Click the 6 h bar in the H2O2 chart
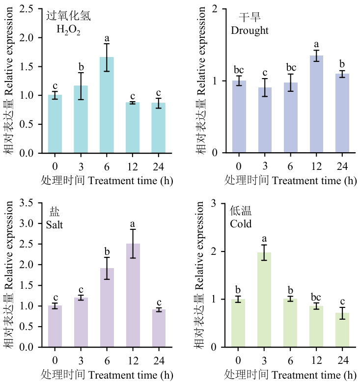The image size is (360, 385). point(107,105)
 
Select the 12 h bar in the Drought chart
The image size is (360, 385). point(316,104)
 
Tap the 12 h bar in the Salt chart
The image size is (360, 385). point(133,295)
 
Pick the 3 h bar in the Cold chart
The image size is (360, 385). point(263,300)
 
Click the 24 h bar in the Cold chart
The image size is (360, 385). point(341,330)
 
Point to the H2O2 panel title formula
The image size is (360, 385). point(68,30)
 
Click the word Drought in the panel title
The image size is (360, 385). point(249,30)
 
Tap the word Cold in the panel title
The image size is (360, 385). point(241,224)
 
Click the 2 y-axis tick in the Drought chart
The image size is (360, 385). point(214,9)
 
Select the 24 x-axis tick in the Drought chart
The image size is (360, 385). point(342,165)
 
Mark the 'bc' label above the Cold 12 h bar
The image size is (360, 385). point(315,297)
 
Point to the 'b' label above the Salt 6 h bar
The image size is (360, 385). point(107,252)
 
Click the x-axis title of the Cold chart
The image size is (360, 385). point(290,374)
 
